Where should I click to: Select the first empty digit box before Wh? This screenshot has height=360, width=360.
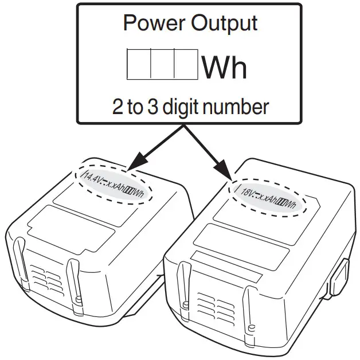(138, 64)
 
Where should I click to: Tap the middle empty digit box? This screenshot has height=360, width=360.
(162, 64)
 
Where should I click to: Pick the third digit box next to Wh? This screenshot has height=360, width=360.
(186, 64)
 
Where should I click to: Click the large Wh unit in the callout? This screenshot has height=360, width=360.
(224, 68)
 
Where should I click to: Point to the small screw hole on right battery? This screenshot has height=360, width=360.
(252, 327)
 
